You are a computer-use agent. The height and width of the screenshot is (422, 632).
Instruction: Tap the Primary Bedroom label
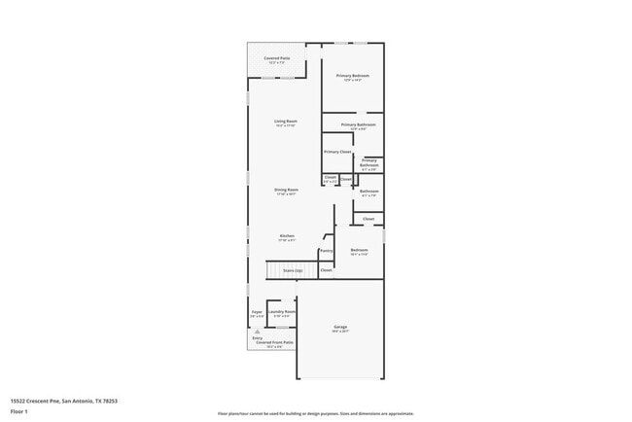(x=353, y=76)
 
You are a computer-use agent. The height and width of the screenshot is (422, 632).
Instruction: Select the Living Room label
(x=284, y=122)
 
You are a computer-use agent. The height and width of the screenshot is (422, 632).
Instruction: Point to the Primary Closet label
(x=337, y=152)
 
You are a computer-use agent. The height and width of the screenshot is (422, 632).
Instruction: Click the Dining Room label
(x=286, y=190)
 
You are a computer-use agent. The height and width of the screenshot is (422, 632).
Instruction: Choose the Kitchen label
(x=287, y=235)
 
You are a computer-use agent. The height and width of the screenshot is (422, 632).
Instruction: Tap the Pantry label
(x=326, y=251)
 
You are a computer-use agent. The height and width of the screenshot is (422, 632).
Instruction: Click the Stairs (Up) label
(x=292, y=269)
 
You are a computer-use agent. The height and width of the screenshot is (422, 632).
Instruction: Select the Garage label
(x=340, y=327)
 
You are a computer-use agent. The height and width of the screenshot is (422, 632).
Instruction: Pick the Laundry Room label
(x=283, y=312)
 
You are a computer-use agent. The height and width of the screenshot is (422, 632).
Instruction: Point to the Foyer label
(x=257, y=312)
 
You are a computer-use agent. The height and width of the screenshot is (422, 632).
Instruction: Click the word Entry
(x=257, y=337)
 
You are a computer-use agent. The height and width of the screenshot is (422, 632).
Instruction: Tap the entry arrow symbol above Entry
(x=257, y=331)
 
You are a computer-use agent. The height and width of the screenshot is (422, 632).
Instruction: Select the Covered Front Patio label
(x=275, y=342)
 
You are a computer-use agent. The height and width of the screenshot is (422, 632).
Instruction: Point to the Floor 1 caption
(x=18, y=411)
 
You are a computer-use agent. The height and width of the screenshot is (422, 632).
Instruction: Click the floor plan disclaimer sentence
(x=315, y=412)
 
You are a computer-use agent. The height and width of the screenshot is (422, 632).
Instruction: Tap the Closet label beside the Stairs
(x=326, y=269)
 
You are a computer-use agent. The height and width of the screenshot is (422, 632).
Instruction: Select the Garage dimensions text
(x=340, y=332)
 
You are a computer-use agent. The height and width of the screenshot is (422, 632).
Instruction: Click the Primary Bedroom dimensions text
(x=353, y=81)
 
